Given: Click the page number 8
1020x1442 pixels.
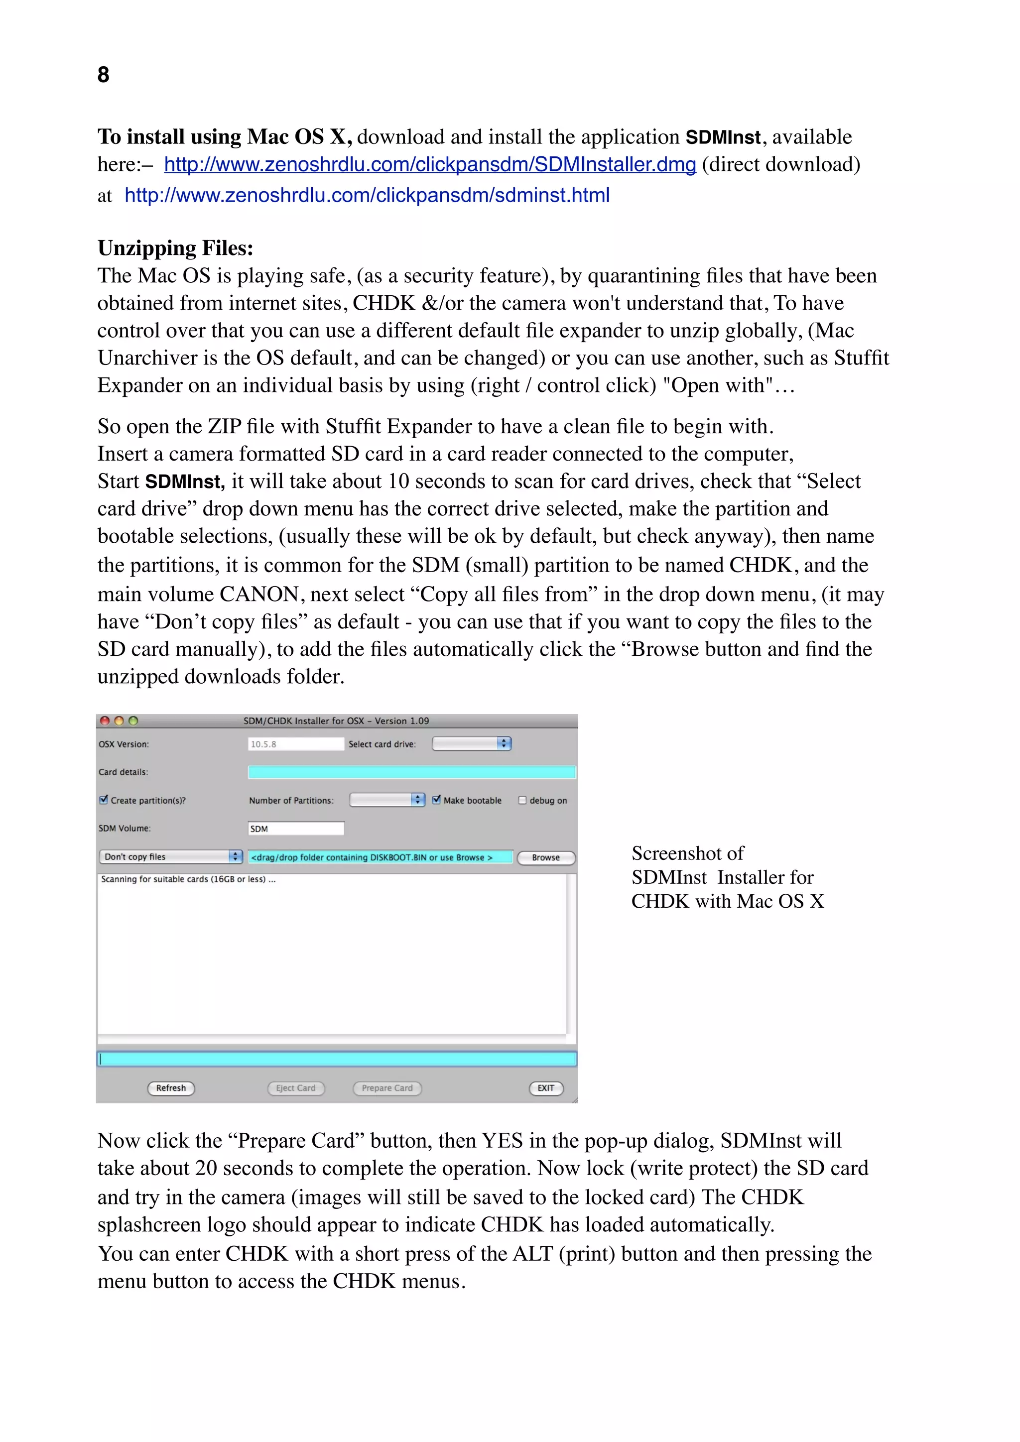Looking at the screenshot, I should [104, 75].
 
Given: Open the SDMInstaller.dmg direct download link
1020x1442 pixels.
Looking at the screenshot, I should [430, 164].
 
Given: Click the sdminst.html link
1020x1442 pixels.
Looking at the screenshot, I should [367, 195].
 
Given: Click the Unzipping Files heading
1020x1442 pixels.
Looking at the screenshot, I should [175, 248].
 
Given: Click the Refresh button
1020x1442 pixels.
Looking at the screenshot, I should [171, 1088].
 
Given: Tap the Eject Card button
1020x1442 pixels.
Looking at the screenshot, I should [296, 1088].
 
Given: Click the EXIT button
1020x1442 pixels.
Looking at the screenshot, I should [546, 1088].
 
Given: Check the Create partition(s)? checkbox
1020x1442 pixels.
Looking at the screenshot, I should [104, 800].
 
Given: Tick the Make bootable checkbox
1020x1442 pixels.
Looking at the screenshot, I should [436, 800].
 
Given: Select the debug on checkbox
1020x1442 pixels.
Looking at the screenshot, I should [522, 800].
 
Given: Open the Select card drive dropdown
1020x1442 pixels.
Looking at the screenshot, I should [472, 743].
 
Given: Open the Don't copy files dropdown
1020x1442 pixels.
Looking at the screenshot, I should [171, 856].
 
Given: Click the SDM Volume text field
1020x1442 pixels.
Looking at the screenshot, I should [296, 829].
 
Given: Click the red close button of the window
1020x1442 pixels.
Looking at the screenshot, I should [105, 721].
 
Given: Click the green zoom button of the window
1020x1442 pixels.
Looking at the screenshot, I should [133, 721].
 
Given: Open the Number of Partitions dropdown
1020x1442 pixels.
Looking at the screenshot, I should [387, 800].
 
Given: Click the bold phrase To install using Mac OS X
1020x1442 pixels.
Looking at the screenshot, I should [225, 137].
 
